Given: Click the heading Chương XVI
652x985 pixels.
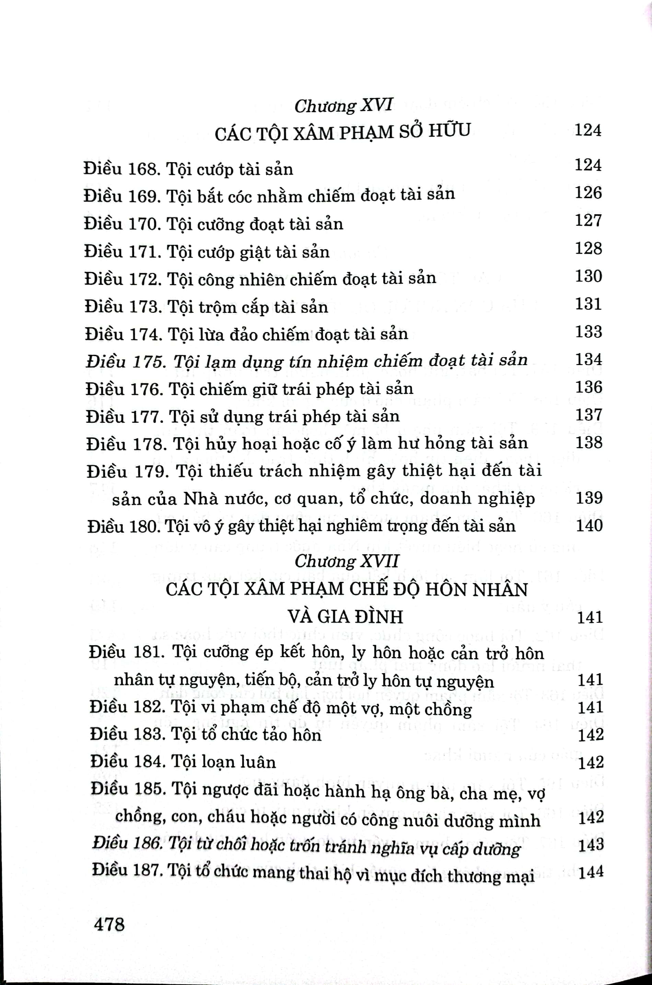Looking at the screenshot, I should tap(343, 106).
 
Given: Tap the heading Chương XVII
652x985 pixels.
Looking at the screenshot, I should tap(346, 562).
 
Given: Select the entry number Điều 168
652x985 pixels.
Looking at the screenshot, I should tap(121, 169).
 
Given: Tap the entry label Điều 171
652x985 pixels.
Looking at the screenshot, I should tap(122, 251).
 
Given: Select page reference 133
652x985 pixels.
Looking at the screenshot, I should tap(589, 332).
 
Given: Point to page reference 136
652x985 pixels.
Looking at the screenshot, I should tap(589, 387).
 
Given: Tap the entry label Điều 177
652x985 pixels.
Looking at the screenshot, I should tap(124, 417).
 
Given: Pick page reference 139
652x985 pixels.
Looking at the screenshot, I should tap(589, 498).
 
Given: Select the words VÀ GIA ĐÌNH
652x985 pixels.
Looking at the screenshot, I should tap(346, 617).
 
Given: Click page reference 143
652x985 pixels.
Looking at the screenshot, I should tap(591, 844).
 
